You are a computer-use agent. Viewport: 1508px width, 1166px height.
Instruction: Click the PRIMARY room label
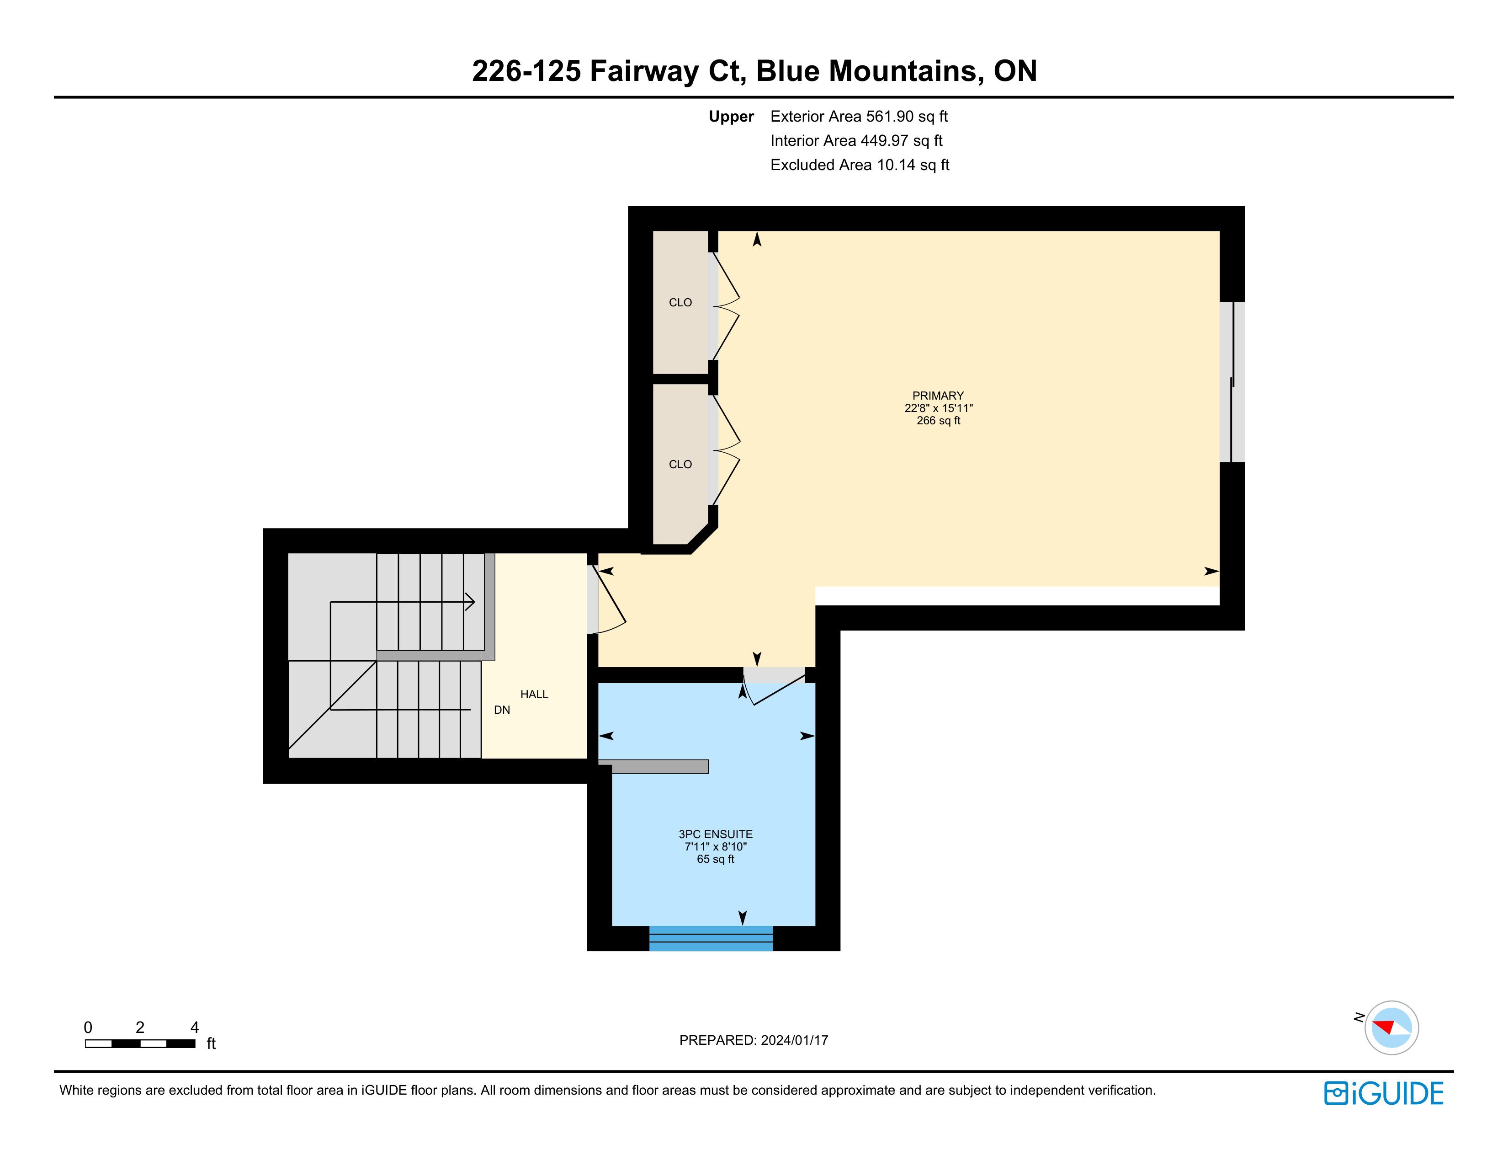938,396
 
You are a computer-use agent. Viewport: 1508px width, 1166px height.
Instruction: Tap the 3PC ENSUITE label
715,834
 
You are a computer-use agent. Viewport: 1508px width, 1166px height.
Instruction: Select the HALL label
535,694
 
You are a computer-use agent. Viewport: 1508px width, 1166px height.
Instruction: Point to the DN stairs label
502,710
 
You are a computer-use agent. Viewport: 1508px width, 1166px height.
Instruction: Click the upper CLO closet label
680,303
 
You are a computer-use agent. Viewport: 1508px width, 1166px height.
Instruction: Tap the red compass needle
1383,1025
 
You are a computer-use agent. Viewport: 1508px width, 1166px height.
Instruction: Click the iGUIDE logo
1384,1093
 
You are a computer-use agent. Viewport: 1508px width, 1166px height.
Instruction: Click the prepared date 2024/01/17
794,1040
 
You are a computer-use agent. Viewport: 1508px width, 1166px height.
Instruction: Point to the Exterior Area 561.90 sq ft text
859,117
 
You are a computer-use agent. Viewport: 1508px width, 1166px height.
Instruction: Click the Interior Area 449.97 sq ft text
856,141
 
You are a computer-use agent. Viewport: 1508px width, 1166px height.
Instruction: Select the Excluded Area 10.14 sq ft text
860,165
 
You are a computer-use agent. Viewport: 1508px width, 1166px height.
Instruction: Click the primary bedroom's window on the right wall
1232,382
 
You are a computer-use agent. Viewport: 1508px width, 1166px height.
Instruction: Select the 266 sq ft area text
938,421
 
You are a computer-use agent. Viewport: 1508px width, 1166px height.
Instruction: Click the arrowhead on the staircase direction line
470,602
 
